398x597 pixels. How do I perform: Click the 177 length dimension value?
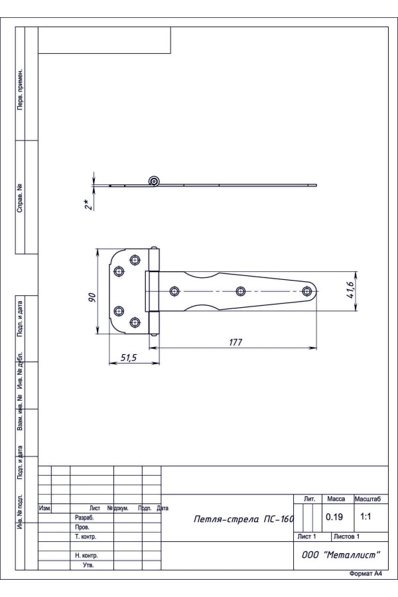pos(235,342)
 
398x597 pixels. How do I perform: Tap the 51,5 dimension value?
pos(129,358)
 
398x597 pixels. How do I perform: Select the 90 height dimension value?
pos(92,297)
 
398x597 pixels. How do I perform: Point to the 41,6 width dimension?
pos(351,290)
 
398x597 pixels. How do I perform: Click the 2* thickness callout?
pos(89,204)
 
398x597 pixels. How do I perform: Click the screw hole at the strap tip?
pos(306,291)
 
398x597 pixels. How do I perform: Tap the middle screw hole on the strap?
pos(240,291)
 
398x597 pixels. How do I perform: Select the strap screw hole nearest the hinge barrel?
pos(175,291)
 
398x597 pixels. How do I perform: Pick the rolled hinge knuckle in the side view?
pos(154,181)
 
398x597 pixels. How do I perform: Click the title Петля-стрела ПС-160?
pos(243,519)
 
